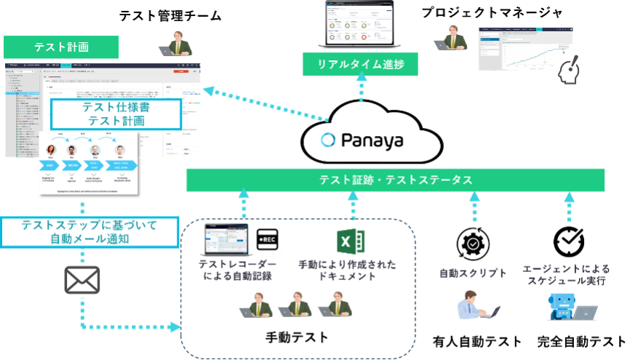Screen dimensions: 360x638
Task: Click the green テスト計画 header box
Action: click(62, 47)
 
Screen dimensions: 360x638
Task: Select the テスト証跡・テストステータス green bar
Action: click(396, 180)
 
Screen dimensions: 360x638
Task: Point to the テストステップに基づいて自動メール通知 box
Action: click(89, 232)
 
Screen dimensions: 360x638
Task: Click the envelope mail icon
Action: click(82, 281)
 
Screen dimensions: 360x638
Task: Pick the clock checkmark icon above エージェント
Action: click(568, 242)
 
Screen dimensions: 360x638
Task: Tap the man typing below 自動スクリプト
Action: click(478, 305)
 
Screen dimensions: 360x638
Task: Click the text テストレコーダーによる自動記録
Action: click(237, 271)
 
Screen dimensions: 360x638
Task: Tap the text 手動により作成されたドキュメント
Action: click(347, 271)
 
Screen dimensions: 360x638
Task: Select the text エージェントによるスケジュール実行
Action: click(566, 274)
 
